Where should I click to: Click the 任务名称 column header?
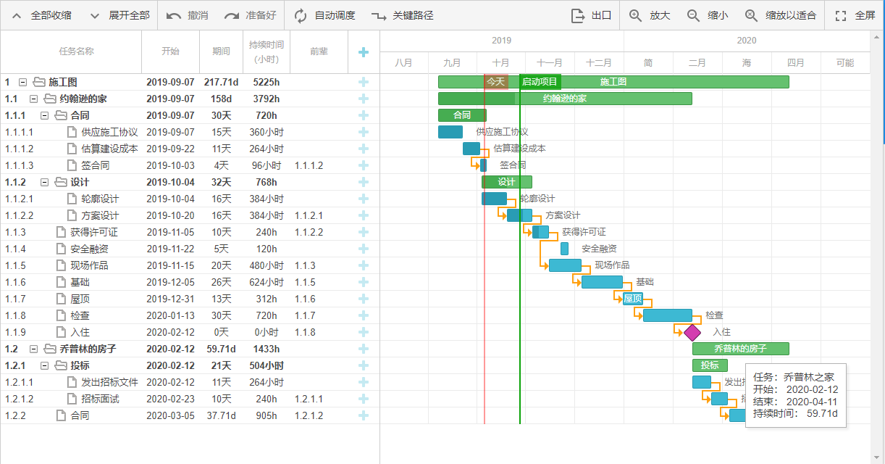pyautogui.click(x=76, y=51)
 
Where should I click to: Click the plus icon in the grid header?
pyautogui.click(x=364, y=51)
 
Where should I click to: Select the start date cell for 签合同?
pyautogui.click(x=170, y=165)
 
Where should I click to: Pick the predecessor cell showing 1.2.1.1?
pyautogui.click(x=309, y=399)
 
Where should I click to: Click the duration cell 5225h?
pyautogui.click(x=266, y=82)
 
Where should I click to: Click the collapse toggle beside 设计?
pyautogui.click(x=44, y=182)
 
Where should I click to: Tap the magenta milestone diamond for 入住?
pyautogui.click(x=692, y=332)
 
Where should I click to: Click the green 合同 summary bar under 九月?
pyautogui.click(x=462, y=115)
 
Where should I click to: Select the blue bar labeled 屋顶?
pyautogui.click(x=633, y=299)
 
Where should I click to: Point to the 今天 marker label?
pyautogui.click(x=495, y=82)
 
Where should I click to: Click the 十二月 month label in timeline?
pyautogui.click(x=599, y=63)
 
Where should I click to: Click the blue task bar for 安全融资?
pyautogui.click(x=564, y=249)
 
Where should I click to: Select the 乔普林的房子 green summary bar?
pyautogui.click(x=740, y=349)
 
